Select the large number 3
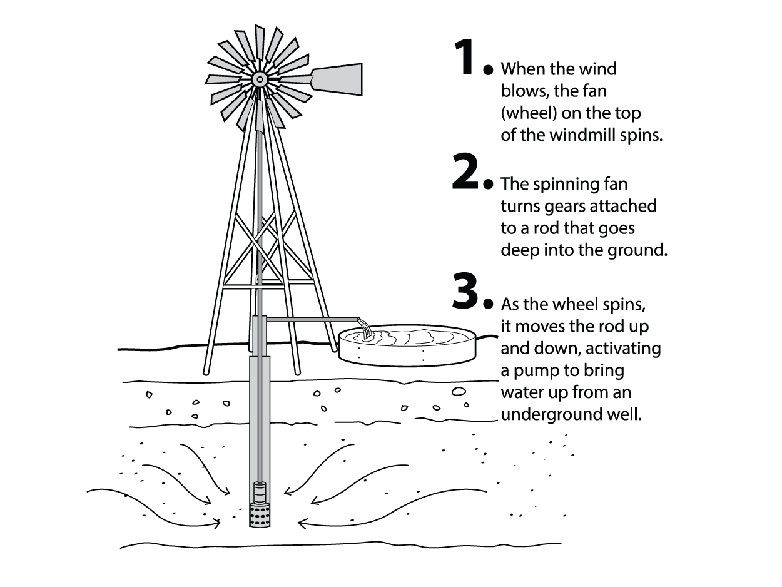465,290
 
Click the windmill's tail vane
337,79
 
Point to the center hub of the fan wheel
260,79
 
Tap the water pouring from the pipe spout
366,329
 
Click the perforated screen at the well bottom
260,516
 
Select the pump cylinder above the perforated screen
260,493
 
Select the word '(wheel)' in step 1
529,113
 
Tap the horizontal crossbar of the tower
268,287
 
